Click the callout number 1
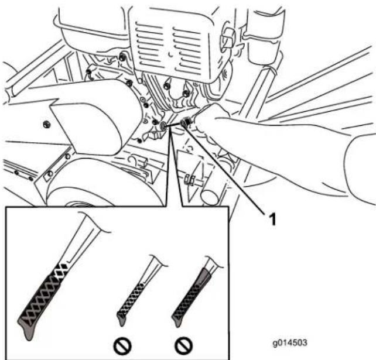pyautogui.click(x=273, y=220)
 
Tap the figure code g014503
pyautogui.click(x=290, y=343)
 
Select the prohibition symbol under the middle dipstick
pyautogui.click(x=122, y=346)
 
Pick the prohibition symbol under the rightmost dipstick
pyautogui.click(x=184, y=346)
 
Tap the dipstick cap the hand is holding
pyautogui.click(x=186, y=122)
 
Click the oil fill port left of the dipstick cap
pyautogui.click(x=163, y=125)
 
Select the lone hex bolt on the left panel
pyautogui.click(x=46, y=124)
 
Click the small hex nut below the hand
pyautogui.click(x=189, y=180)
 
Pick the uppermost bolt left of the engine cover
pyautogui.click(x=122, y=57)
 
